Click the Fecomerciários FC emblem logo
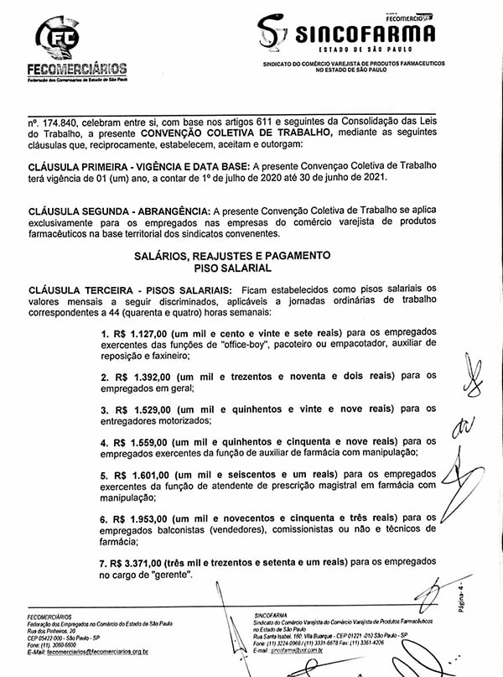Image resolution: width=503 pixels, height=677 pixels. [x=60, y=37]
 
